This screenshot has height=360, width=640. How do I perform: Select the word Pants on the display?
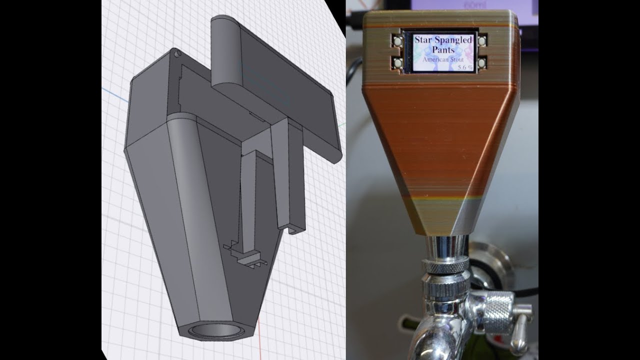(443, 50)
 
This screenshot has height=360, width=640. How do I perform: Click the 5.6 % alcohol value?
(465, 67)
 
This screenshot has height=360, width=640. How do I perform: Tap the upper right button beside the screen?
(482, 40)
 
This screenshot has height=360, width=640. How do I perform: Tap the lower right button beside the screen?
(482, 63)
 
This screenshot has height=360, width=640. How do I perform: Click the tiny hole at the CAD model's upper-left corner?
(176, 51)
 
